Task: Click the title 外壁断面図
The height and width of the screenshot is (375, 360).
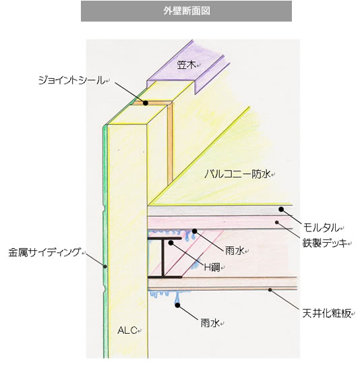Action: point(187,11)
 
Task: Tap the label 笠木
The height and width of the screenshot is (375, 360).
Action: point(187,65)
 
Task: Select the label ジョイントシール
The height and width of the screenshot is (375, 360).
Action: point(71,80)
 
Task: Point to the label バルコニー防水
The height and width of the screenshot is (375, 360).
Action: point(237,173)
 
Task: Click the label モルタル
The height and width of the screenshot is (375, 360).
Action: point(322,227)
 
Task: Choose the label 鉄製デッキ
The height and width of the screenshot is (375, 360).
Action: point(325,243)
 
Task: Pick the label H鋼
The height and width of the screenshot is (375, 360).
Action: point(212,268)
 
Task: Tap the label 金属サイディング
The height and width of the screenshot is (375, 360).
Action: point(44,252)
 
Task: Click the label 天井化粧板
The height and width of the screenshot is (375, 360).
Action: point(326,314)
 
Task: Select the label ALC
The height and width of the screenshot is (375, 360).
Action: point(127,330)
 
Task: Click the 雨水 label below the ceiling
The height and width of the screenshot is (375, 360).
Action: point(210,323)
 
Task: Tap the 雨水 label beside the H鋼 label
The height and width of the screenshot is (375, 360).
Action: point(235,251)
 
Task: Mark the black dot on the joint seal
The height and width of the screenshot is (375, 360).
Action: point(146,103)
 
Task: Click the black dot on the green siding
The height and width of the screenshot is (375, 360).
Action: point(105,266)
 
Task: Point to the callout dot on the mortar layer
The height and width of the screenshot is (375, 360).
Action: point(281,209)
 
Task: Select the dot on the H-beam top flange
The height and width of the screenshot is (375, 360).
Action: point(171,243)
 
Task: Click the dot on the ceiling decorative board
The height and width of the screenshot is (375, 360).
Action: point(270,290)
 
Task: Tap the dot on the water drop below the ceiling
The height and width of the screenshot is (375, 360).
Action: point(177,305)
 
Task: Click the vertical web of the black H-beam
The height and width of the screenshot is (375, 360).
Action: point(163,258)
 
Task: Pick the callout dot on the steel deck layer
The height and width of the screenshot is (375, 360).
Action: point(277,223)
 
